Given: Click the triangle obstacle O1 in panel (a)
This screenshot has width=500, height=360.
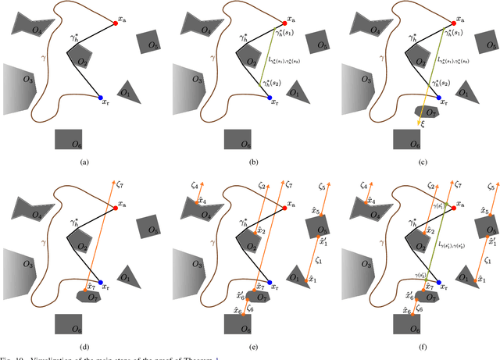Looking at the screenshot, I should click(x=128, y=93).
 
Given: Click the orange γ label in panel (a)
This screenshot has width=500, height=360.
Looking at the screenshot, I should click(x=44, y=58).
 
